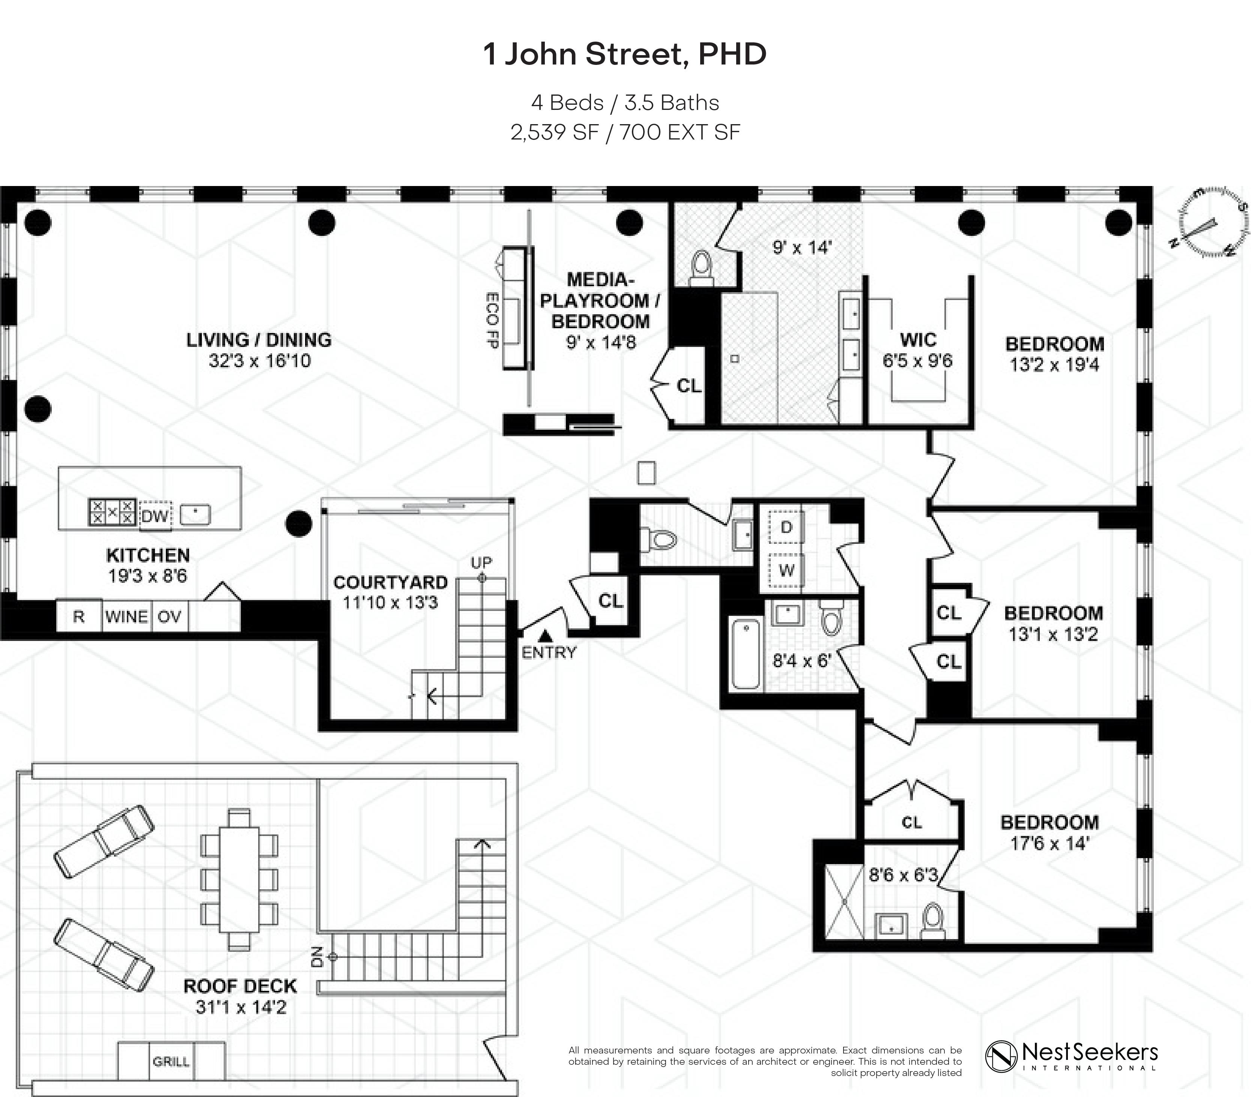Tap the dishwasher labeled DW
(155, 516)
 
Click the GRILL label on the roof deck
(171, 1061)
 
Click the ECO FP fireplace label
(492, 320)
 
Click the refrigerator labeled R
(79, 616)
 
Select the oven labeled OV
(170, 616)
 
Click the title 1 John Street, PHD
(625, 54)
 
